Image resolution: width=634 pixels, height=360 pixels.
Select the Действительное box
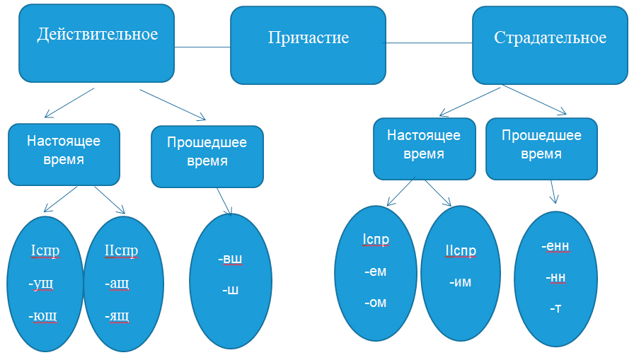click(97, 43)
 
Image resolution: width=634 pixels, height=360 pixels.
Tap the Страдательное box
click(550, 45)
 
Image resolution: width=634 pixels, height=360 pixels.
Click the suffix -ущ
click(42, 284)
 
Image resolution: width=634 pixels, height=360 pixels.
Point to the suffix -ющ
click(44, 315)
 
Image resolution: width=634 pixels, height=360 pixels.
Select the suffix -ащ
click(117, 284)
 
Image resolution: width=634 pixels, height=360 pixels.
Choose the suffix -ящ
click(117, 315)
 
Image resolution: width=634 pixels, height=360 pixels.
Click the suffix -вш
click(230, 259)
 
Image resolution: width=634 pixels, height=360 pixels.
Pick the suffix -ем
click(375, 271)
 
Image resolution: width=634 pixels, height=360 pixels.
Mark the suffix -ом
click(375, 302)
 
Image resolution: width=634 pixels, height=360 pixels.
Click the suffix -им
click(460, 282)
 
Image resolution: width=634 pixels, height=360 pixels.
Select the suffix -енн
click(555, 246)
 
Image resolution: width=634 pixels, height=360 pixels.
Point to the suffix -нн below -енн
click(555, 277)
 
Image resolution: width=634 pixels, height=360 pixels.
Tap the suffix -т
click(555, 308)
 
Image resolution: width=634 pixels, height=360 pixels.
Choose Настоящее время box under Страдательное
click(423, 149)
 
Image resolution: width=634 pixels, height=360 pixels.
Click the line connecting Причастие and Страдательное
click(428, 43)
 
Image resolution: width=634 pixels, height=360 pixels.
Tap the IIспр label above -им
click(461, 251)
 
